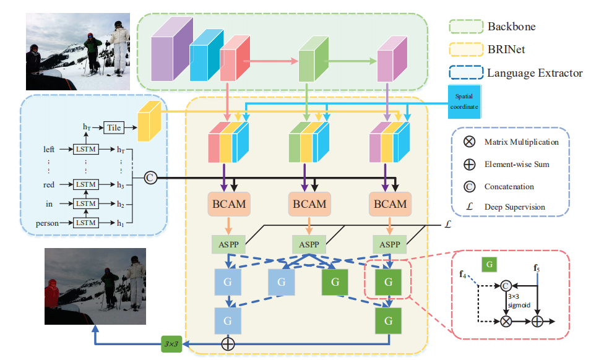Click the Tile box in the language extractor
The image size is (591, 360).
click(113, 127)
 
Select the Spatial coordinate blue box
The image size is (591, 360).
click(464, 101)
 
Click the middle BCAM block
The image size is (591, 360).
click(308, 204)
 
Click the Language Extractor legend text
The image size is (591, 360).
click(535, 73)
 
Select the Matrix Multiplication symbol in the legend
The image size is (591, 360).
click(469, 142)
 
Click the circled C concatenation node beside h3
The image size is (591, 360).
click(149, 178)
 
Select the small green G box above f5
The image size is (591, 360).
click(489, 265)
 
